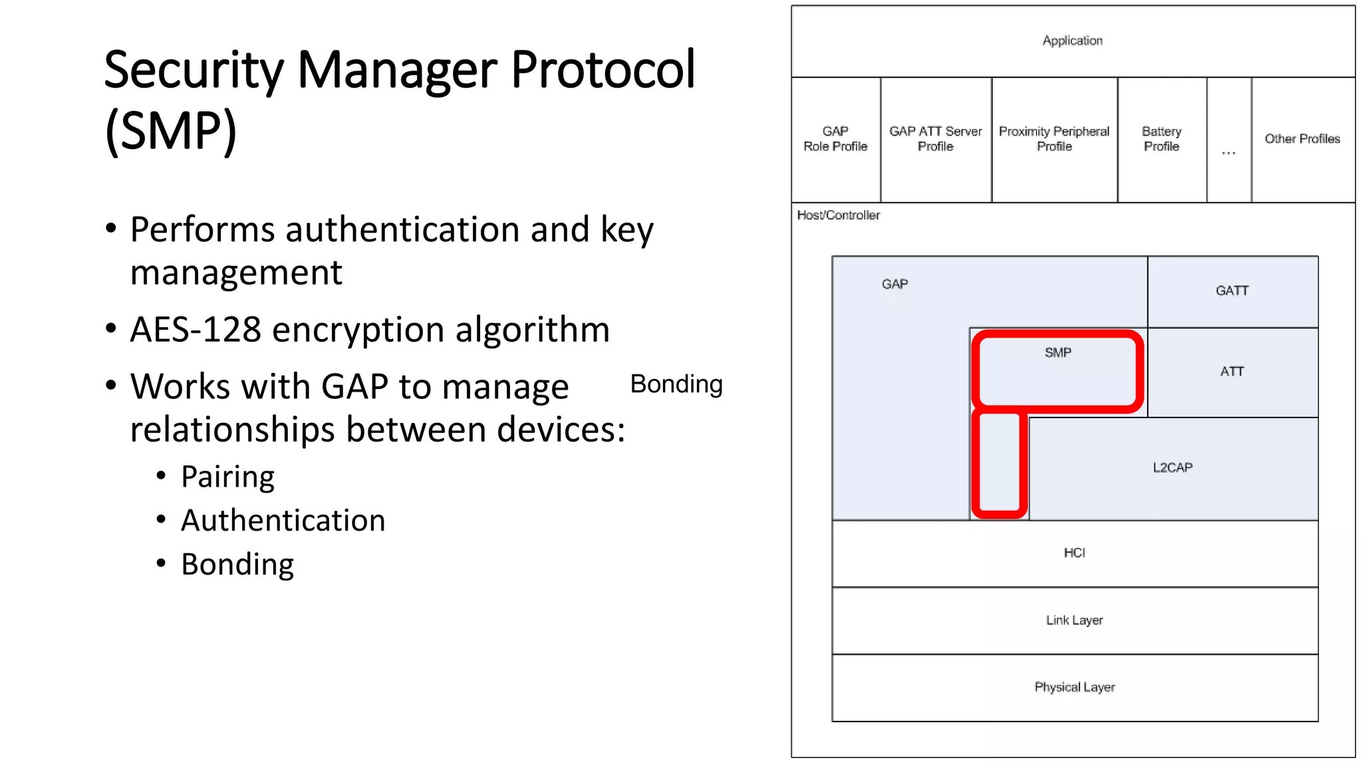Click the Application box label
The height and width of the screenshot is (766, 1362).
1072,41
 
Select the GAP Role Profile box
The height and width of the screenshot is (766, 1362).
835,139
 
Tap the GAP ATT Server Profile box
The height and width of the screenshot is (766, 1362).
935,139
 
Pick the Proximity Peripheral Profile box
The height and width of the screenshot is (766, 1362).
1054,139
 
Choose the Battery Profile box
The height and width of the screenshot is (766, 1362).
1161,139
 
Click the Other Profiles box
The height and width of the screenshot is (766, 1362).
1302,139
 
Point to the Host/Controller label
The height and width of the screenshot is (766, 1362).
838,215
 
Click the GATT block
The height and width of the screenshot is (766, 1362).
1232,291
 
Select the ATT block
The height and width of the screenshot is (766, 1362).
1232,372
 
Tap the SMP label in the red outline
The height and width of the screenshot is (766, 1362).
1057,353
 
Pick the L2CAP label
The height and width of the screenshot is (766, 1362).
1172,467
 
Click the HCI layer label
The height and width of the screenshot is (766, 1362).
1074,553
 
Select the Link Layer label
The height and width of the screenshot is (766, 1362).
1074,620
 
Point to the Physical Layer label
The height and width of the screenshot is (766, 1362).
1074,688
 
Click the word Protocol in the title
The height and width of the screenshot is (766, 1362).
603,70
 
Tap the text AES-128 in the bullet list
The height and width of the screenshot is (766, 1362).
196,330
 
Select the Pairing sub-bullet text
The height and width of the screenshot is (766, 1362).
227,477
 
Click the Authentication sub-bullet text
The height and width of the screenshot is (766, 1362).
283,521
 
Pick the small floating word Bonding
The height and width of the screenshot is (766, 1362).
676,384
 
